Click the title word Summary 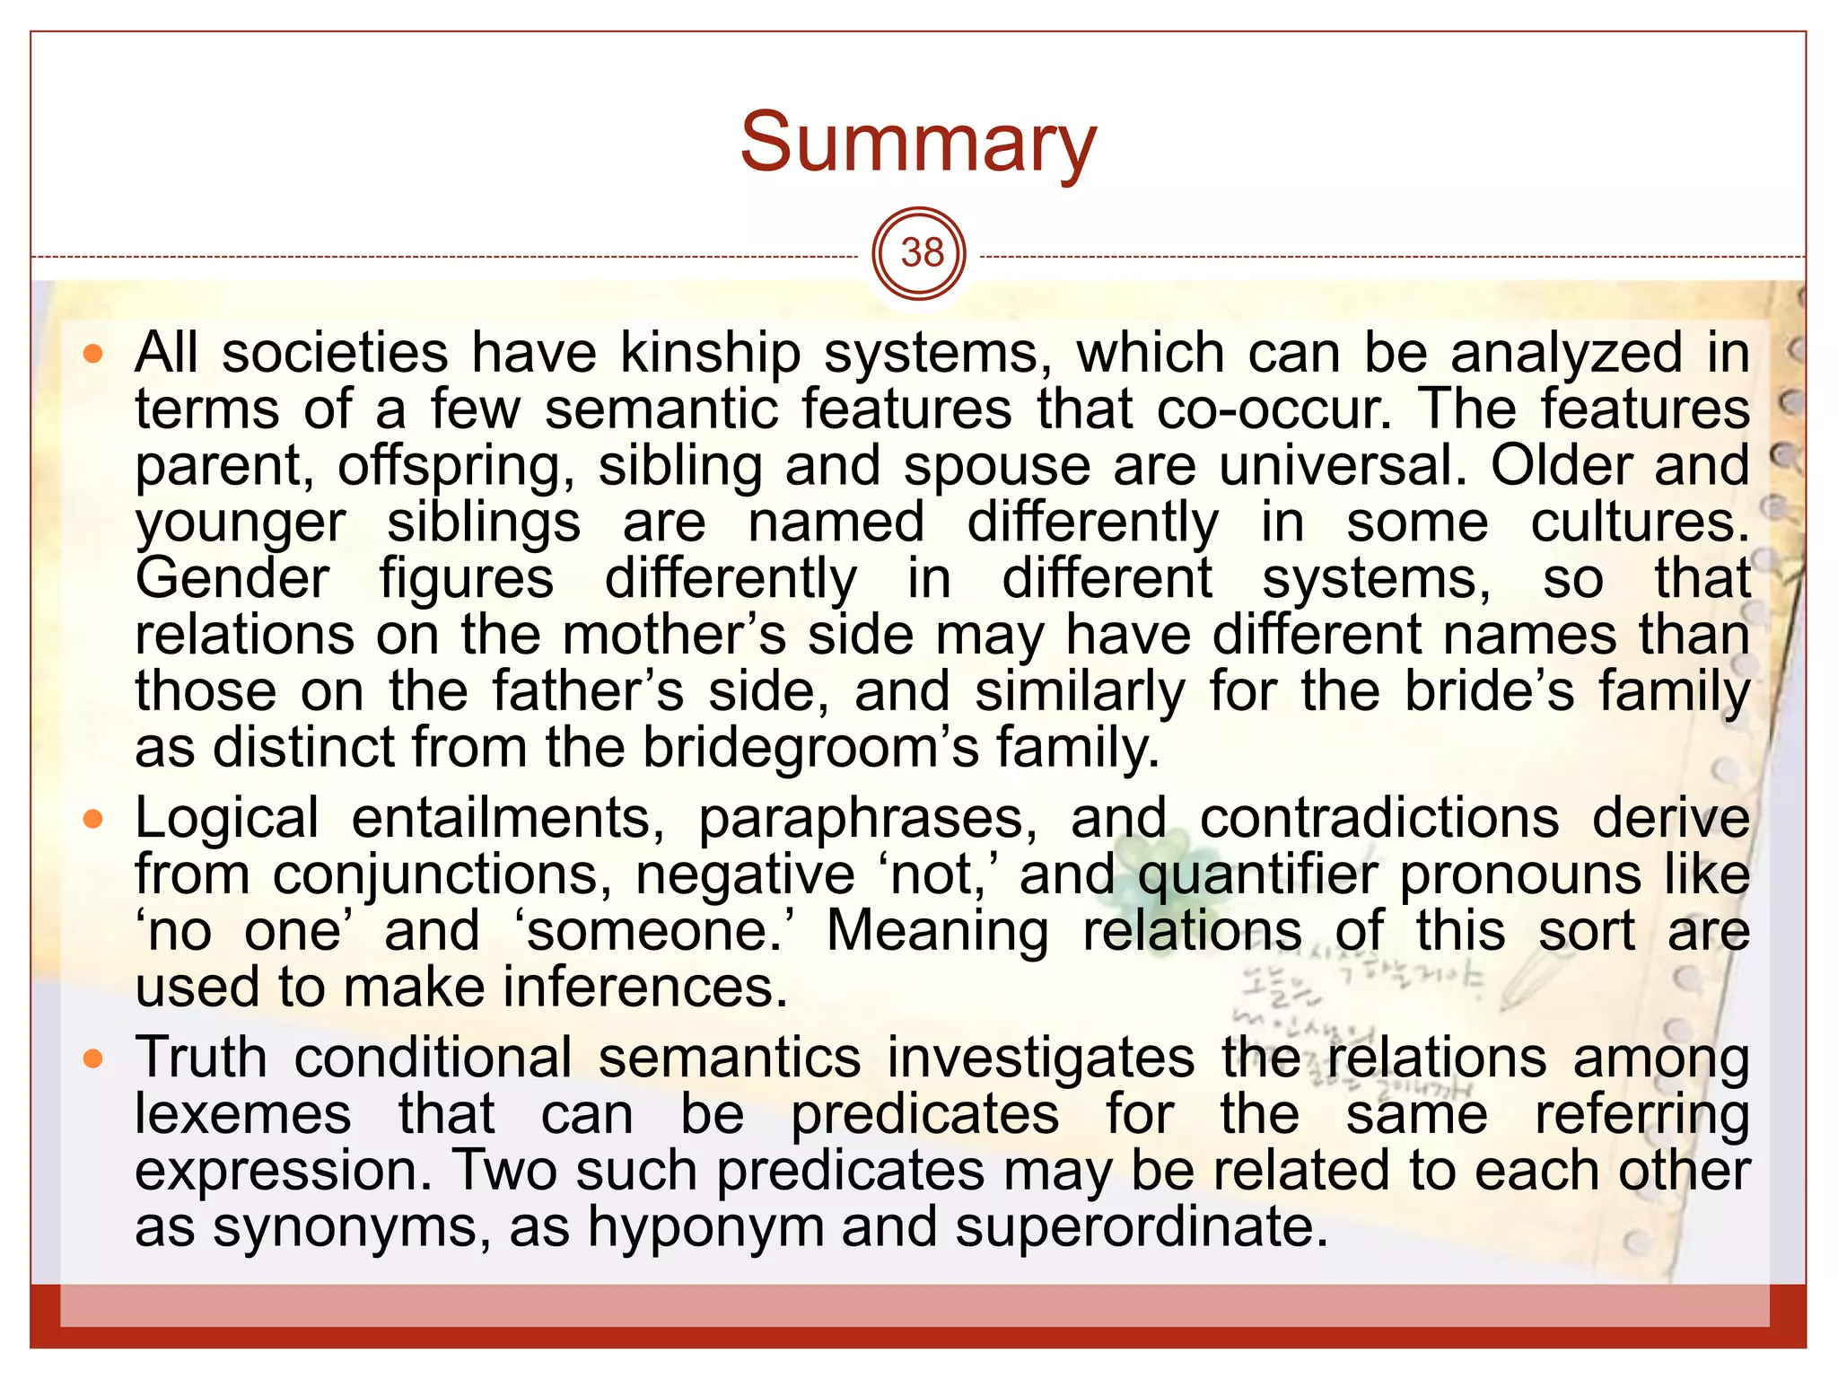point(918,144)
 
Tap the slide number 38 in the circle point(921,254)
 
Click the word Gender point(232,578)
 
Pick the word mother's point(674,635)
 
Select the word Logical point(226,819)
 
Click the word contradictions point(1379,819)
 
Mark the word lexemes point(242,1115)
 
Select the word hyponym point(705,1227)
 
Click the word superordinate point(1141,1227)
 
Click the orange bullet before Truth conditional point(93,1059)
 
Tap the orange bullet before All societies point(93,354)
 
